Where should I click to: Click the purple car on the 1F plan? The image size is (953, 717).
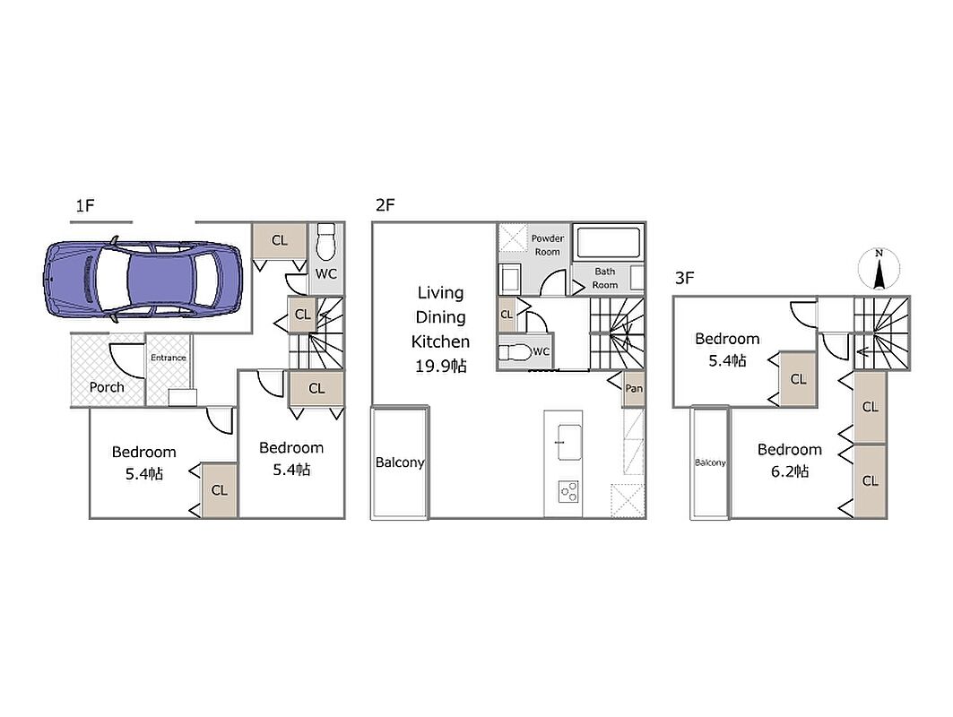click(x=143, y=279)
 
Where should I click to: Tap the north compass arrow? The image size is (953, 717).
click(x=879, y=271)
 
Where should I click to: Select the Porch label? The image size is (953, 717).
click(x=107, y=387)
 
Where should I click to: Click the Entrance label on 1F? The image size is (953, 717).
click(x=169, y=358)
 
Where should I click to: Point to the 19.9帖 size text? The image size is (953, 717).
click(x=441, y=366)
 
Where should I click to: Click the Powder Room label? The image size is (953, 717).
click(x=548, y=245)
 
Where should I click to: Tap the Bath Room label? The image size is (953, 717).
click(x=605, y=278)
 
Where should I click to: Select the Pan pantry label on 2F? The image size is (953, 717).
click(x=634, y=388)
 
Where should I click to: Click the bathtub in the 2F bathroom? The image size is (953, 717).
click(x=609, y=243)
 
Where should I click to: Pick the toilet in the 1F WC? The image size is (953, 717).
click(x=325, y=241)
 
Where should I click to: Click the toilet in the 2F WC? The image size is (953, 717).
click(x=515, y=352)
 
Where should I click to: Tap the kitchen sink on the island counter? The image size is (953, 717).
click(x=568, y=442)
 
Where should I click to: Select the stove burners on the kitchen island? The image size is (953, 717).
click(x=569, y=491)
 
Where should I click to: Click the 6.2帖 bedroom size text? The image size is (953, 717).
click(x=790, y=471)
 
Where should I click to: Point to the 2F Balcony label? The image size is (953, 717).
click(x=399, y=462)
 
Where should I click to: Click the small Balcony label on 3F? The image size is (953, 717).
click(x=710, y=462)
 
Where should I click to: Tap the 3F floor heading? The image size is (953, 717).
click(x=684, y=278)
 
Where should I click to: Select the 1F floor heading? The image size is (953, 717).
click(x=85, y=205)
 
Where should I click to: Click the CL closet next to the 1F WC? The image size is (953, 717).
click(x=280, y=240)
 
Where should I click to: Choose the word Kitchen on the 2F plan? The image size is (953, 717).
click(x=441, y=341)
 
